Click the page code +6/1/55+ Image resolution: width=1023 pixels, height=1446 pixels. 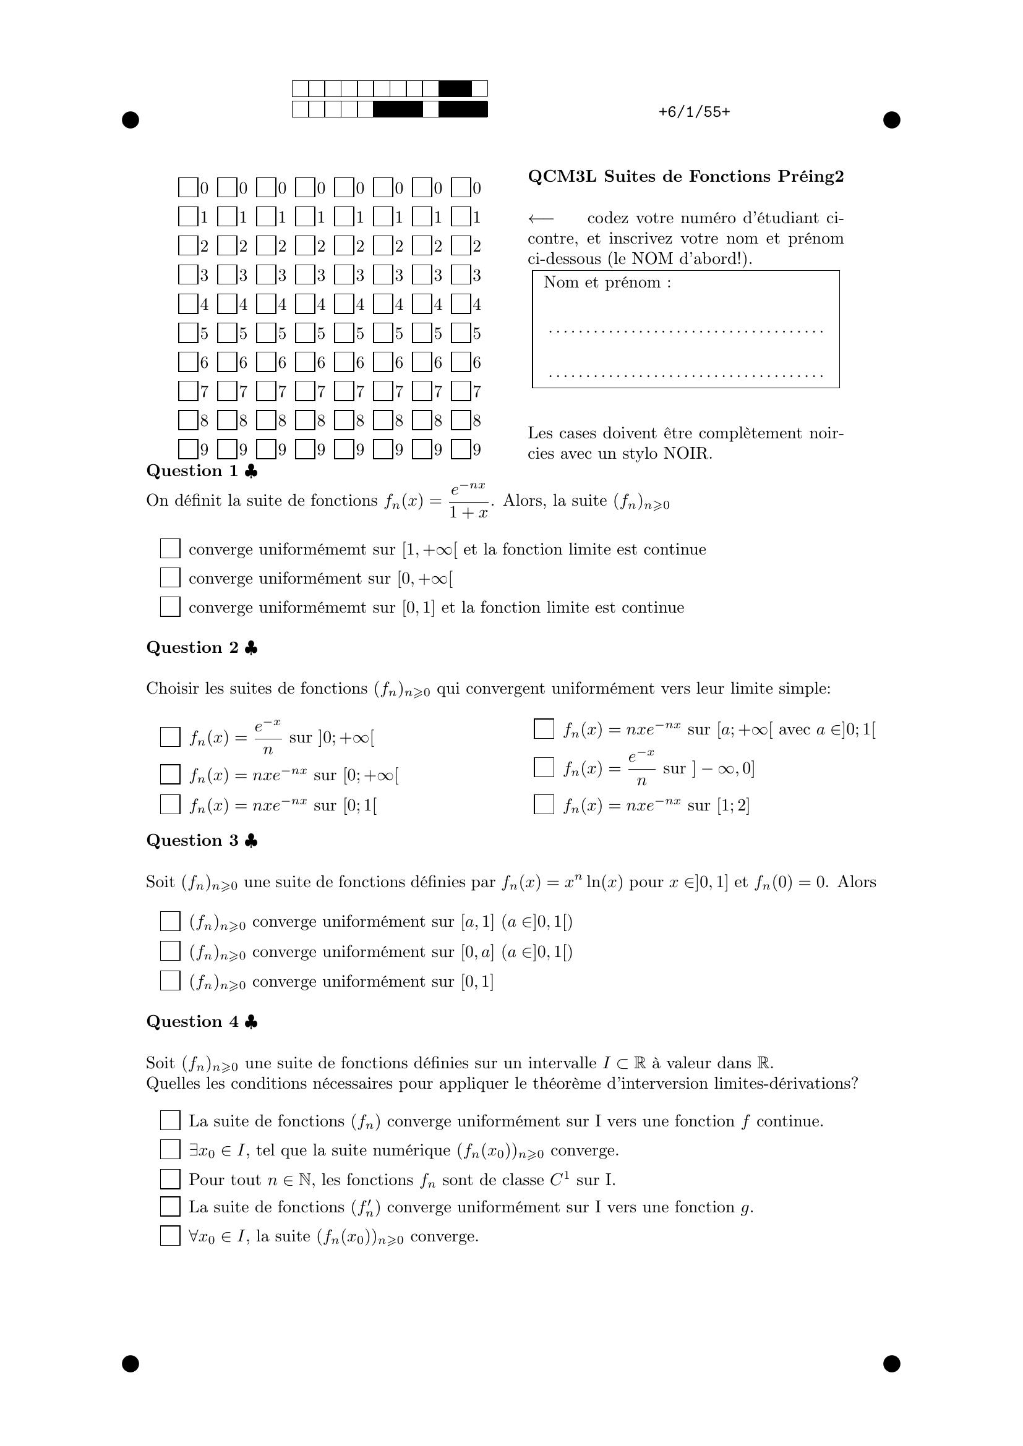(694, 112)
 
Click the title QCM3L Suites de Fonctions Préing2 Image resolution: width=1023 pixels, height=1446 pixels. (685, 177)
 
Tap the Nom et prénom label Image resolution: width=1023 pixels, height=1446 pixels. (607, 283)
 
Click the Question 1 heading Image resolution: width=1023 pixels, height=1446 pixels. (193, 471)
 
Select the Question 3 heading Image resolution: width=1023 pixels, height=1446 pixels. (193, 841)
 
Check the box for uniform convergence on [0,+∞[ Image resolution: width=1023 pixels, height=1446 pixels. (170, 577)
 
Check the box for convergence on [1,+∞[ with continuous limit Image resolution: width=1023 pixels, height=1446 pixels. (170, 548)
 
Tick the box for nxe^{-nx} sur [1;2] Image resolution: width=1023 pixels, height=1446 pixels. (544, 804)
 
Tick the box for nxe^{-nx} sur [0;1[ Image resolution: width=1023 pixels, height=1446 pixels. (170, 804)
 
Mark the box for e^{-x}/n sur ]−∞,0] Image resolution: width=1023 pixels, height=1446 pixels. (544, 767)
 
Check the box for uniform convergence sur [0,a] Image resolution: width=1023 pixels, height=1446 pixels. (170, 951)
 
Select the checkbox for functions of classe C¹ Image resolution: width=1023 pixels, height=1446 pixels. (170, 1179)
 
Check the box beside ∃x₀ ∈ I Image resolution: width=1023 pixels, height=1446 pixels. (170, 1149)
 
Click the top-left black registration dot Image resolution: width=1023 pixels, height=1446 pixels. (131, 120)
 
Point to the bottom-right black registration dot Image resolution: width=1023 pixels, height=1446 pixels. (891, 1364)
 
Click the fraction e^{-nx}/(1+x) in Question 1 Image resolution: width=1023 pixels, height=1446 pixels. (468, 501)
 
